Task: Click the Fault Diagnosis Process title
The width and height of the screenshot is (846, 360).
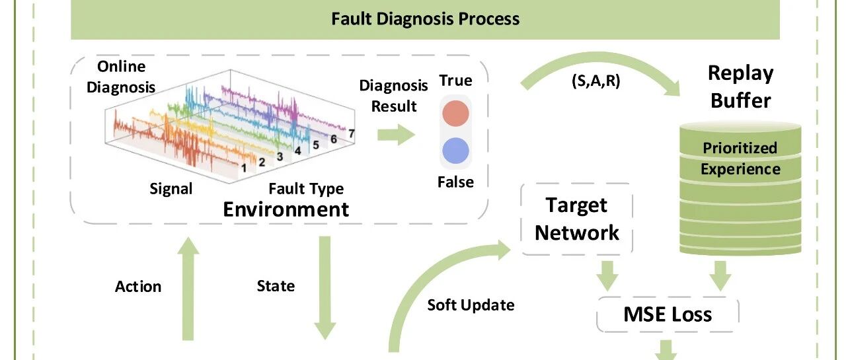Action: [x=425, y=19]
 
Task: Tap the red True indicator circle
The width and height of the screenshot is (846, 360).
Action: [x=455, y=113]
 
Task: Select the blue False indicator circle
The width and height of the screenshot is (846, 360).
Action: [x=455, y=151]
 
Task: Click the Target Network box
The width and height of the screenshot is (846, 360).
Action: [x=577, y=219]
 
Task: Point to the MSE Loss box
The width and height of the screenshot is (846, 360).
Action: [x=668, y=314]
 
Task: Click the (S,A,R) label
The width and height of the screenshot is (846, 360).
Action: [x=596, y=81]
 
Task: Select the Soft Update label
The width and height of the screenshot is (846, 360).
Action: [x=471, y=305]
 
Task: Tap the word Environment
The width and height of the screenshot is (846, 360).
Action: [x=286, y=209]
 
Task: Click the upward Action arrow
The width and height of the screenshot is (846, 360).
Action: [x=188, y=289]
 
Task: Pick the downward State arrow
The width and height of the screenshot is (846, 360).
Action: [x=325, y=288]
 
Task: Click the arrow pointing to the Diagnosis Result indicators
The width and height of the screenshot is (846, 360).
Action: [x=396, y=135]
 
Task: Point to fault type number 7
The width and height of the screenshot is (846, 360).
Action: [x=351, y=133]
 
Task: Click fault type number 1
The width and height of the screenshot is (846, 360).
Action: [x=244, y=168]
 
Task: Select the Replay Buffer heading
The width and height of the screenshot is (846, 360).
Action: [x=741, y=87]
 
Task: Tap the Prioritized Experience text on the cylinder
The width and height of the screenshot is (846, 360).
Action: [x=740, y=159]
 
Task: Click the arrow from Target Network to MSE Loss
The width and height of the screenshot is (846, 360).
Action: [x=607, y=276]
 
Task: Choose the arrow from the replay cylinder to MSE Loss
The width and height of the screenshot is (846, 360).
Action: [x=720, y=276]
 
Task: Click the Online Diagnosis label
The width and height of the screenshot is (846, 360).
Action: [x=121, y=77]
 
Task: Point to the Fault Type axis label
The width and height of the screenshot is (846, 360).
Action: [x=306, y=189]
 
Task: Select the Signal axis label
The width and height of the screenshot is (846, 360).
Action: [x=171, y=189]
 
